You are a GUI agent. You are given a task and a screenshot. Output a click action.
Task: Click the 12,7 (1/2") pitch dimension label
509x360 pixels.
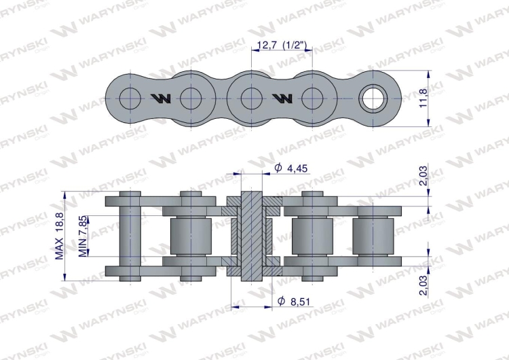click(x=282, y=45)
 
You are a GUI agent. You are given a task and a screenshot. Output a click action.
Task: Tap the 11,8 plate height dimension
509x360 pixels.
click(x=423, y=98)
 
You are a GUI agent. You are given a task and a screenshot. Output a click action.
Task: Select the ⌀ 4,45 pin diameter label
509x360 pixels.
click(x=291, y=168)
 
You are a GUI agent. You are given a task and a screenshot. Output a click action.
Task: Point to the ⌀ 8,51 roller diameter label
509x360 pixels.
click(x=295, y=302)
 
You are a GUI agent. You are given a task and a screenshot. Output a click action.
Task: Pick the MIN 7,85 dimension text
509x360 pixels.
click(x=83, y=236)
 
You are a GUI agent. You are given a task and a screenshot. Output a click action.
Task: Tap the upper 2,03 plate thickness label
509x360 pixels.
click(x=423, y=175)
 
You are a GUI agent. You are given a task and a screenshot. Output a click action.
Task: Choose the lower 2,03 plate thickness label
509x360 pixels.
click(x=423, y=285)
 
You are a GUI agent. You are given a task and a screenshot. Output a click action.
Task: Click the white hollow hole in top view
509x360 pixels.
click(x=373, y=98)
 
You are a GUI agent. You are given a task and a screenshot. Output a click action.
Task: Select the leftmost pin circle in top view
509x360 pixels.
click(x=130, y=98)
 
